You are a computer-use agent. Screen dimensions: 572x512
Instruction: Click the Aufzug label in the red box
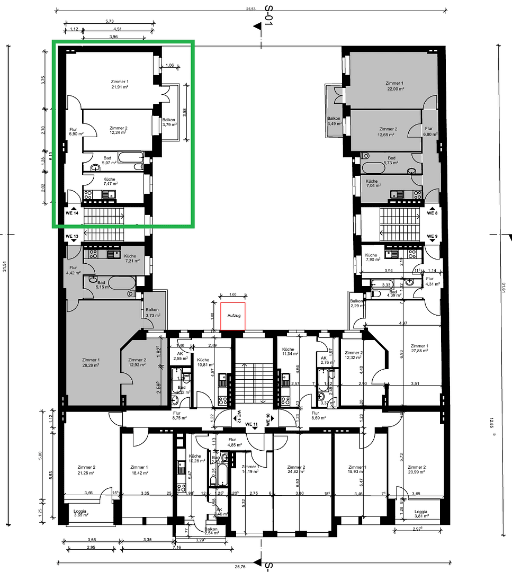(x=233, y=316)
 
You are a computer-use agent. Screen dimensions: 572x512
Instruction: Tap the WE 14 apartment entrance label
(x=72, y=212)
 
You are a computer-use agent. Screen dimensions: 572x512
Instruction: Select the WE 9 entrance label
(x=433, y=236)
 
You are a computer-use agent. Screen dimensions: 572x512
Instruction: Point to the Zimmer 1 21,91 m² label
(x=120, y=84)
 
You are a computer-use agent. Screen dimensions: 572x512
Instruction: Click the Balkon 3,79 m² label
(x=169, y=122)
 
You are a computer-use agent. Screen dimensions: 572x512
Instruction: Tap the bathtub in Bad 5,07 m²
(x=130, y=157)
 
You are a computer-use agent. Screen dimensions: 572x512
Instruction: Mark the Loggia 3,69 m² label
(x=81, y=513)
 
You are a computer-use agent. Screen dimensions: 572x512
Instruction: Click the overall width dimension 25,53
(x=250, y=8)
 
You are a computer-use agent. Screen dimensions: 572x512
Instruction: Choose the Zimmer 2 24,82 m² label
(x=297, y=470)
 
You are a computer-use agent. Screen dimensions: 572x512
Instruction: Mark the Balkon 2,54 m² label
(x=211, y=531)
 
